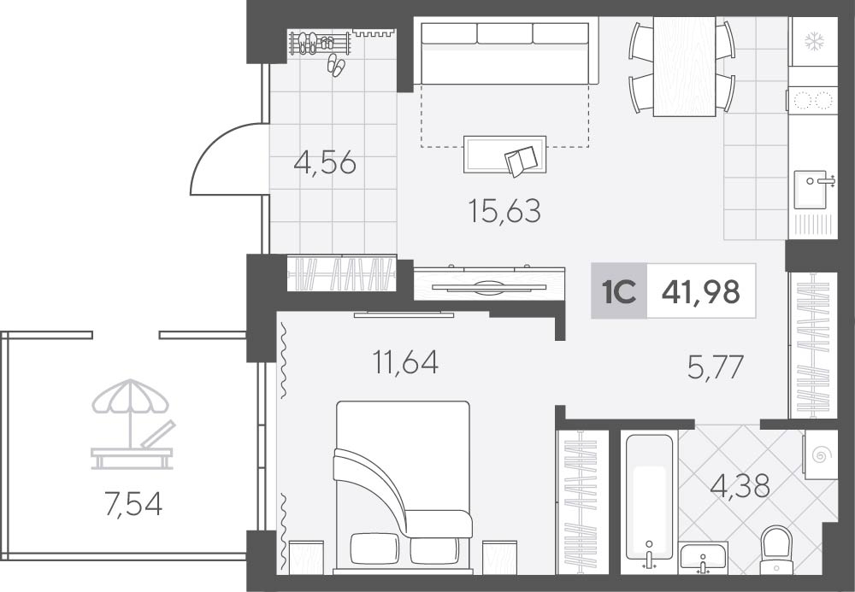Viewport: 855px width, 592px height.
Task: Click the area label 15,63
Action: pos(504,211)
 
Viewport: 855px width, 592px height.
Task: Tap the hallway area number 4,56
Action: pos(325,162)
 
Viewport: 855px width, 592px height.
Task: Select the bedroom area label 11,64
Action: pos(405,362)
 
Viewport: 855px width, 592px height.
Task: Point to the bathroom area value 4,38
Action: pos(740,485)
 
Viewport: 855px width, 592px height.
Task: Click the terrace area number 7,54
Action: pos(133,504)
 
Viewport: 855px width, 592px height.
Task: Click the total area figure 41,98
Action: pos(701,291)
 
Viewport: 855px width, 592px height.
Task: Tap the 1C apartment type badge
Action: pos(619,291)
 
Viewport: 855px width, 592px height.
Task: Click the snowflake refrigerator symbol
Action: pos(815,40)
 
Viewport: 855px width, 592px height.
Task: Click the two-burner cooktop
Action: pos(812,100)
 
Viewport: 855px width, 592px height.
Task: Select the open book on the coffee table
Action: pos(522,161)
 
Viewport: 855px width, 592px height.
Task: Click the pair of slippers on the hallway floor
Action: pos(336,65)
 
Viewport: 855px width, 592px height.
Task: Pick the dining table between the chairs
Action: pos(684,67)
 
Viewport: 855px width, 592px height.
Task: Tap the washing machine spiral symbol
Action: pos(820,454)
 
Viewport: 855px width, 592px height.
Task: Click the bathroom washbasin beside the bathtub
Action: pos(704,558)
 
